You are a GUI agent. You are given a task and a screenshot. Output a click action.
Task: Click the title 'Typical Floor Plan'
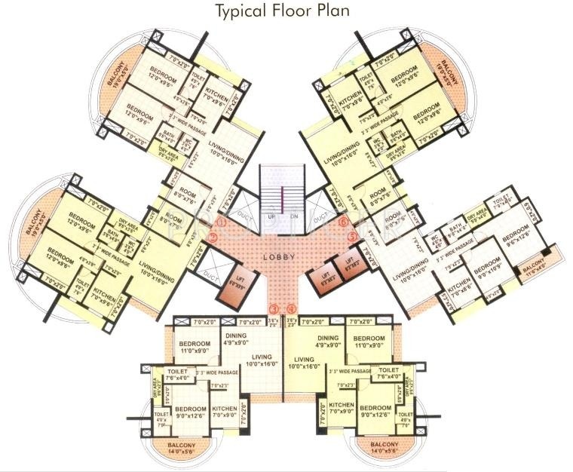point(283,11)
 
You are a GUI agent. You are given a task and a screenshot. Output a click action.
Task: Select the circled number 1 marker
point(221,222)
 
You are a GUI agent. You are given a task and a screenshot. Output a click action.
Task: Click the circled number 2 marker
point(213,237)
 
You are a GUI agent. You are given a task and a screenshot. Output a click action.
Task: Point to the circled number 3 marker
point(274,308)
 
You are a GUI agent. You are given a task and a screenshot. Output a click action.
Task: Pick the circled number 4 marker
point(291,308)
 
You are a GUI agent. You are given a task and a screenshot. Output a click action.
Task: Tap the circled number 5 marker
point(352,236)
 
